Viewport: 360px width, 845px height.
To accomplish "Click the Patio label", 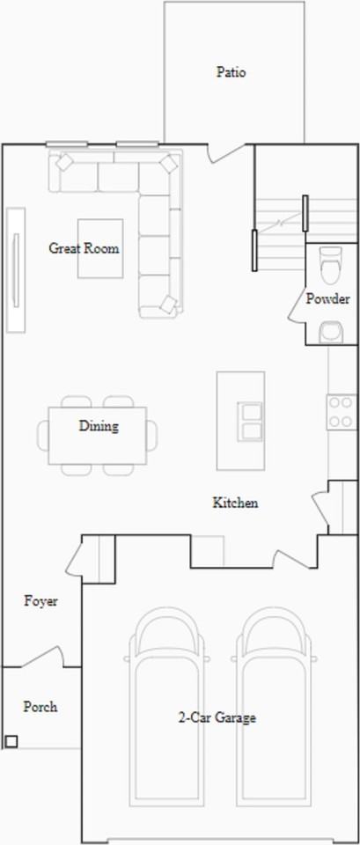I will point(231,72).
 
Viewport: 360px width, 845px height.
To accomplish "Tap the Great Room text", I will point(84,248).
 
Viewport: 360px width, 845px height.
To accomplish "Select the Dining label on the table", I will point(99,427).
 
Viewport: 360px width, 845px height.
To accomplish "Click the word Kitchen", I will point(235,503).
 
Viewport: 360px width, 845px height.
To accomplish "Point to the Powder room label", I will point(327,299).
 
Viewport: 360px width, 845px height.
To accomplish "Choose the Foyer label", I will point(40,601).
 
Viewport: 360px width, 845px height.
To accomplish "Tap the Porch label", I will point(40,707).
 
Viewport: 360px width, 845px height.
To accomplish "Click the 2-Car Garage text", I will point(217,718).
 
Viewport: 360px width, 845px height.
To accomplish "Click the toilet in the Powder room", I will point(330,261).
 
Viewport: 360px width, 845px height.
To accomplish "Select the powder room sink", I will point(331,332).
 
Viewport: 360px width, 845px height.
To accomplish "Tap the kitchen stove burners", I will point(340,412).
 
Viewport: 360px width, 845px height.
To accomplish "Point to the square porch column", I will point(11,741).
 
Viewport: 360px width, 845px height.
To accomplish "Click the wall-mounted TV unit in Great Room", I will point(16,269).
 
